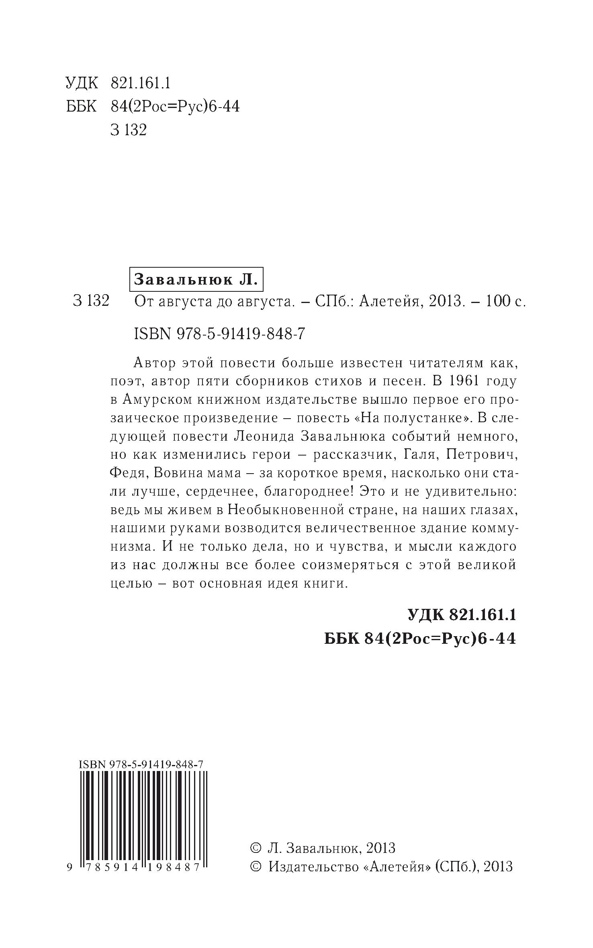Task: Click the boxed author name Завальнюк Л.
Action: click(195, 279)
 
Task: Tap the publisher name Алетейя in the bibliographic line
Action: click(388, 301)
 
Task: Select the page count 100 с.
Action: click(505, 301)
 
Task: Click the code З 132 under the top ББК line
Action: click(129, 130)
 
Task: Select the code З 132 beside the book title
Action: click(91, 301)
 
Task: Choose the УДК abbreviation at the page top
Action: click(82, 83)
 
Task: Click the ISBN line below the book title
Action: click(219, 334)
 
